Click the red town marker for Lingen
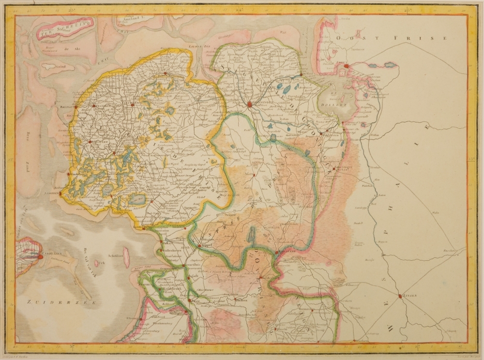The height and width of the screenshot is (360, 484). [400, 296]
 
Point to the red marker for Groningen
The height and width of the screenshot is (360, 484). [249, 104]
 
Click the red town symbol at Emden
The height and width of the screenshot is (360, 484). [360, 66]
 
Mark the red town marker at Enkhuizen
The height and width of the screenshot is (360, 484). [40, 257]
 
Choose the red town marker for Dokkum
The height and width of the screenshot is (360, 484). [165, 74]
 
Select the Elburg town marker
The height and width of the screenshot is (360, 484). [140, 318]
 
